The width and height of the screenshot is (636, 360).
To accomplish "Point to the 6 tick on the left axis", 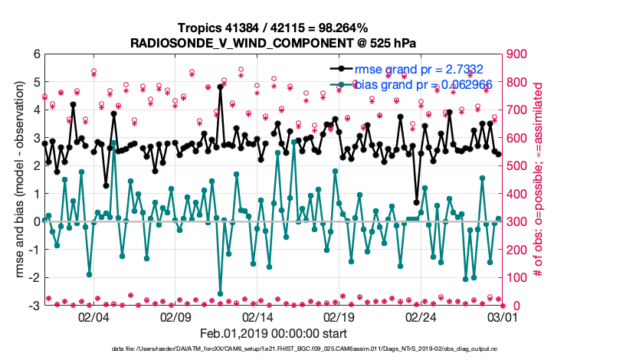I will coord(35,54).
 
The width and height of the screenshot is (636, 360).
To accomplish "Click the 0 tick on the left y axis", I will coord(35,222).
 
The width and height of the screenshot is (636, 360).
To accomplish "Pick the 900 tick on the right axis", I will coord(517,54).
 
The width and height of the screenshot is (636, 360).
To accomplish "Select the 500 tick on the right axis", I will coord(517,166).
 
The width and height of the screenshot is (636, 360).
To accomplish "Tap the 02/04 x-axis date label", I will coord(93,317).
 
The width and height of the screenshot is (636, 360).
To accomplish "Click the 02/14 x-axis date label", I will coord(257,317).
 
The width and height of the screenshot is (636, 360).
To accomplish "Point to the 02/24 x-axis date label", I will coord(421,317).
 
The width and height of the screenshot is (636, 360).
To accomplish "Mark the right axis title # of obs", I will coord(539,180).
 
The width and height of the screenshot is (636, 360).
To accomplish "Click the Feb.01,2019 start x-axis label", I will coord(274,333).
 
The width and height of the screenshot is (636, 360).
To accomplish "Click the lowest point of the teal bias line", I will coord(221,293).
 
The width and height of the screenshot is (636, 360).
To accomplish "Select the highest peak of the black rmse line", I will coord(220,87).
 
